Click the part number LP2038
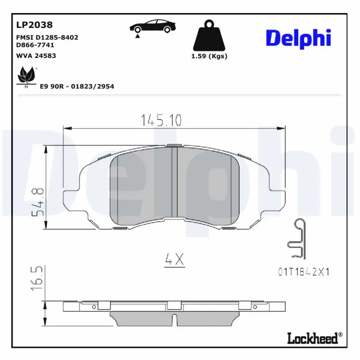pyautogui.click(x=34, y=25)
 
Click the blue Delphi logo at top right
pyautogui.click(x=298, y=38)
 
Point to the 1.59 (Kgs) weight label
pyautogui.click(x=209, y=56)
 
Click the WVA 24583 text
pyautogui.click(x=36, y=56)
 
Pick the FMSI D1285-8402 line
pyautogui.click(x=47, y=37)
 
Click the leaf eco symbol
pyautogui.click(x=27, y=76)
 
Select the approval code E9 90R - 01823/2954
pyautogui.click(x=77, y=86)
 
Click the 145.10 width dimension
pyautogui.click(x=161, y=120)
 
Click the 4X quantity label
pyautogui.click(x=174, y=259)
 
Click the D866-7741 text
pyautogui.click(x=35, y=45)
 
